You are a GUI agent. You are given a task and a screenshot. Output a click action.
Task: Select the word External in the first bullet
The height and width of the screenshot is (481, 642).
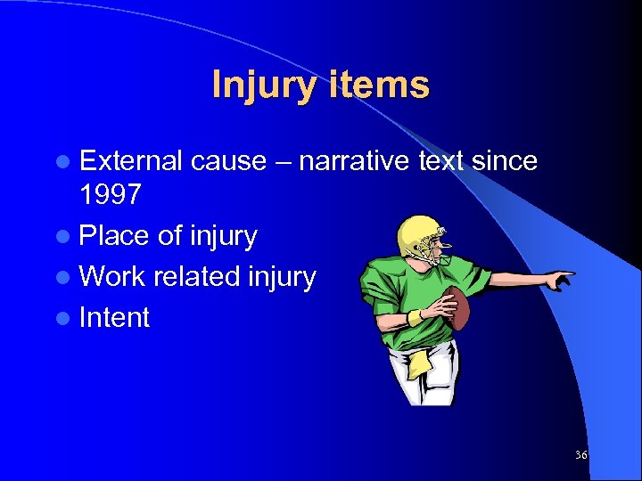tap(130, 160)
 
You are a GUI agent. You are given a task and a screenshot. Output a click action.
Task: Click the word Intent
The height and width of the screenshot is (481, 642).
tap(114, 317)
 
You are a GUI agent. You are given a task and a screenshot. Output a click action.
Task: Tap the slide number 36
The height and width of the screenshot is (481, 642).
tap(581, 454)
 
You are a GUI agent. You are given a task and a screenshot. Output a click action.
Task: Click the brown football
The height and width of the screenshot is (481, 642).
tap(457, 306)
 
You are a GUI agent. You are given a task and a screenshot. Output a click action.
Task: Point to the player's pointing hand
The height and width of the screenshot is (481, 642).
tap(559, 281)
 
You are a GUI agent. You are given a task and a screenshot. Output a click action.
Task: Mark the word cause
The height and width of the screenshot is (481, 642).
tap(228, 160)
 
